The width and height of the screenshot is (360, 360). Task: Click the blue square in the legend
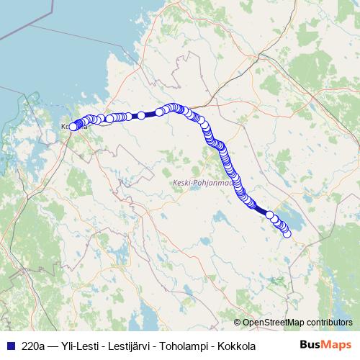point(9,346)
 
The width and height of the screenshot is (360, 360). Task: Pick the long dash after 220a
point(55,346)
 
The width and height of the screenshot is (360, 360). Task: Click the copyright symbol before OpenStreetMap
point(237,322)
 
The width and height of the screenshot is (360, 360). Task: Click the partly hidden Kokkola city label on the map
point(66,127)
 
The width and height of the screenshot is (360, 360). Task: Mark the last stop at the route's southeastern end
point(287,233)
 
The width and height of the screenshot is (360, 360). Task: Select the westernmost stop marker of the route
point(72,127)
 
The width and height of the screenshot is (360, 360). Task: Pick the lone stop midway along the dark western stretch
point(142,115)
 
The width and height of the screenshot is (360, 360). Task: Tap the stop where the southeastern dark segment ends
point(270,215)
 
